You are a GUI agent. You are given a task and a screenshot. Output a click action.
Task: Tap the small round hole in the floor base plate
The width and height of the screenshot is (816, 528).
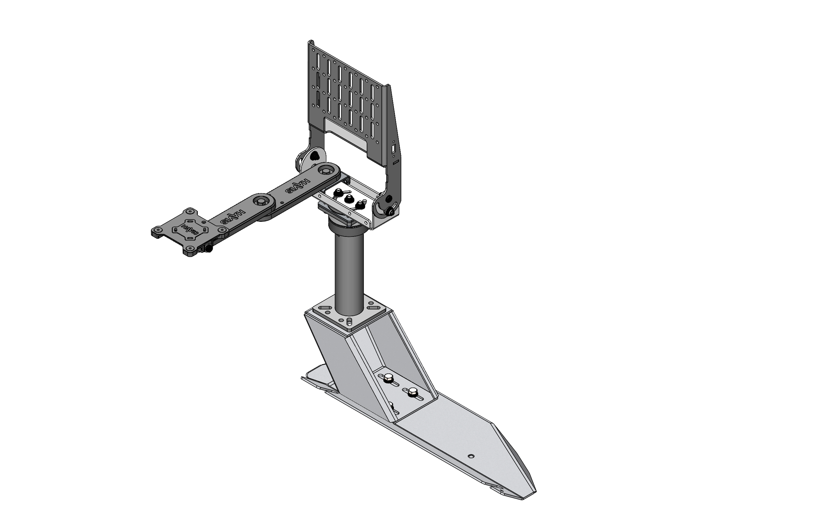[x=471, y=456]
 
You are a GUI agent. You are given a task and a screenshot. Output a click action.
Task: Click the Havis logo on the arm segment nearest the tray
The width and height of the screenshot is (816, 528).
[x=298, y=186]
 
